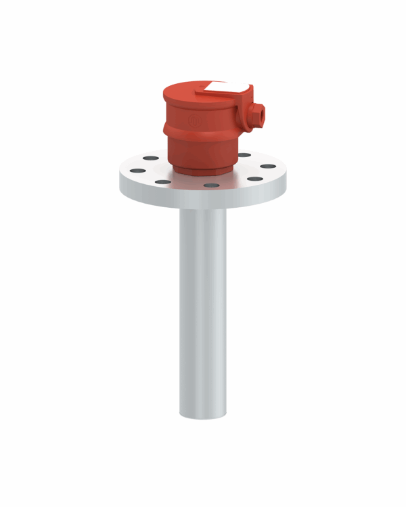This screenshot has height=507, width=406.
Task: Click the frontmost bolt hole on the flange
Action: [x=210, y=184]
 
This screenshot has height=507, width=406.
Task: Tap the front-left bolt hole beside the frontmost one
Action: [x=162, y=181]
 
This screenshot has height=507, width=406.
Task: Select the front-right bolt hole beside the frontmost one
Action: [x=254, y=179]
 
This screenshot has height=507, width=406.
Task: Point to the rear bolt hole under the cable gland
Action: [x=244, y=155]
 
